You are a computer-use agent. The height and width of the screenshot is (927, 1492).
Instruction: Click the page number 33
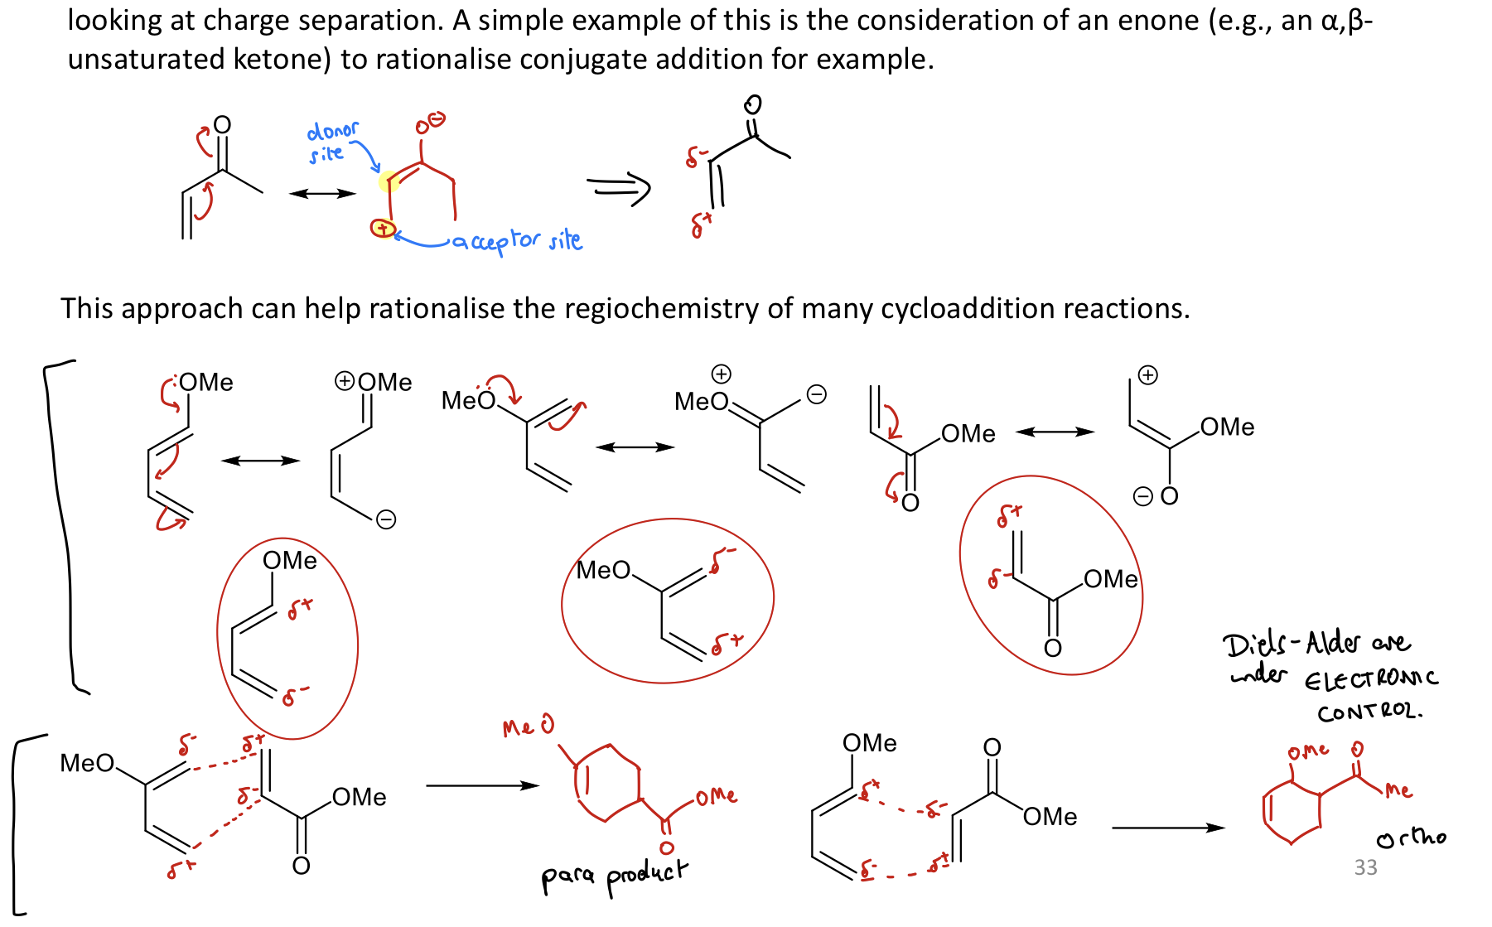(x=1365, y=867)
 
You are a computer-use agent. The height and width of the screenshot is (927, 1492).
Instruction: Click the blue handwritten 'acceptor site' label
(x=517, y=241)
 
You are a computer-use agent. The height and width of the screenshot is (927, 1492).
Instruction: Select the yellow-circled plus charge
(x=382, y=228)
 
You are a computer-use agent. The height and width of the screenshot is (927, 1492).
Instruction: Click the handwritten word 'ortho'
(x=1411, y=838)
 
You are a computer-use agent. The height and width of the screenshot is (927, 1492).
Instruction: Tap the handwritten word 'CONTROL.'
(x=1369, y=712)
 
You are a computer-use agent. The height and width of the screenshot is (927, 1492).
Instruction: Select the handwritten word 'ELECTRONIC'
(x=1371, y=680)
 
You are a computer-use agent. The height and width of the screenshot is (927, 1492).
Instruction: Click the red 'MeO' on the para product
(x=528, y=727)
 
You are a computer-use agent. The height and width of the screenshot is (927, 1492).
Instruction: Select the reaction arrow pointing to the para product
(x=482, y=785)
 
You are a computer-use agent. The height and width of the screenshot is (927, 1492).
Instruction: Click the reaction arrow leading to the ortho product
(x=1167, y=827)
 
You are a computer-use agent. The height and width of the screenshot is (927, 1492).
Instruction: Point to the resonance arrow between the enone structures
(x=321, y=194)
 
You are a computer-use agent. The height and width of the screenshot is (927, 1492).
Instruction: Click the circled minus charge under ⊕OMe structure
(x=386, y=520)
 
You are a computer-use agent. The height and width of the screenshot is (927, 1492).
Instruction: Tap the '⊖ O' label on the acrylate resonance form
(x=1156, y=497)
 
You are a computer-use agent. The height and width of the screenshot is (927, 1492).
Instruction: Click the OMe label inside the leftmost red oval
(x=290, y=561)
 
